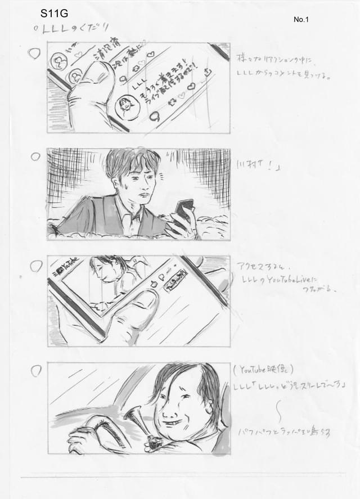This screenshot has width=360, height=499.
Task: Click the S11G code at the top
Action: click(x=54, y=14)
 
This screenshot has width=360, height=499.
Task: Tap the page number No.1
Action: click(x=301, y=20)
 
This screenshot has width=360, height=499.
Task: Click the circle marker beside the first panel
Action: click(x=35, y=54)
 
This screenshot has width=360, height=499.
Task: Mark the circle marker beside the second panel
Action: click(x=35, y=156)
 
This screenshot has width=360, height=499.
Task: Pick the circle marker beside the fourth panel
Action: click(x=36, y=371)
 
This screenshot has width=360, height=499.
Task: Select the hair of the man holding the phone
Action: click(x=132, y=160)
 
